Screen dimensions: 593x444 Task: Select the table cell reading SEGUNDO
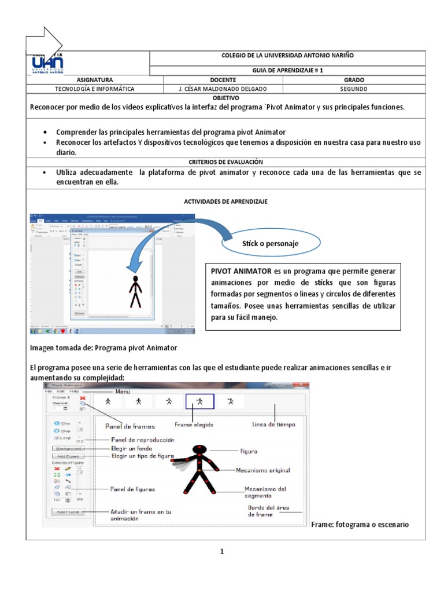354,89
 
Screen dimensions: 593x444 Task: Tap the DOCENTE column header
215,80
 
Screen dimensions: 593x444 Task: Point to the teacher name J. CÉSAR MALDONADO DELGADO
215,89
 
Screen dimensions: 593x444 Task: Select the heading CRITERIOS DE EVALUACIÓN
226,162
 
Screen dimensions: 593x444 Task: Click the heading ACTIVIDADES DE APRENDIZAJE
225,201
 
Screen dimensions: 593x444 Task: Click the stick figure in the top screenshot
135,291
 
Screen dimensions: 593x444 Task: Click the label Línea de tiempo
273,424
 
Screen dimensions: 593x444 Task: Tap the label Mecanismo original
263,470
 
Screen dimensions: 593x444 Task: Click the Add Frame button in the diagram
68,512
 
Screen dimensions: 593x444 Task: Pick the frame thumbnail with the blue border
199,401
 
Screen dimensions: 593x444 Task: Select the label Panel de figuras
132,489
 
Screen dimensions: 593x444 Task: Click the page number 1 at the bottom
221,552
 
